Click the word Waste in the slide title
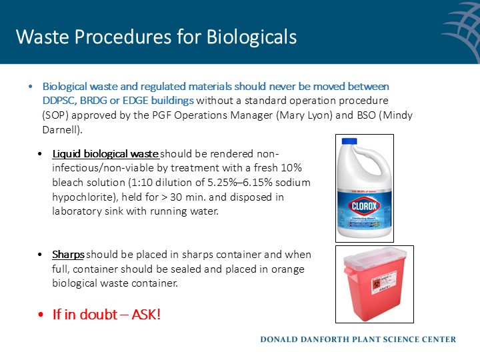(x=41, y=37)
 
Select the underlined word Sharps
(x=68, y=255)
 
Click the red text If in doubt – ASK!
(x=107, y=313)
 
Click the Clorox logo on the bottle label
(x=365, y=207)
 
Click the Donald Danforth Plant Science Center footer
(x=357, y=339)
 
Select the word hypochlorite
(x=81, y=198)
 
